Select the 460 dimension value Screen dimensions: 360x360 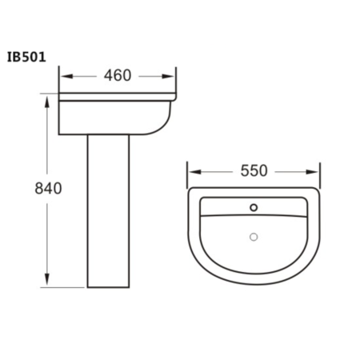pos(118,77)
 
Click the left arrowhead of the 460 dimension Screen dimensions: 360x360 pos(66,77)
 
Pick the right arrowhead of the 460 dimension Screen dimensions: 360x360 pos(171,77)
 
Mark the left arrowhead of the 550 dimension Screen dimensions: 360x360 pos(192,171)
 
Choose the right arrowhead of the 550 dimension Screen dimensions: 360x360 pos(315,171)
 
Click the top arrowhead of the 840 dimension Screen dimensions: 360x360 pos(49,102)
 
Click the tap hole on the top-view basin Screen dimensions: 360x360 pos(254,208)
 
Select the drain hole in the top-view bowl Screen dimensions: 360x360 pos(254,236)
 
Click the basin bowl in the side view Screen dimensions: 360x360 pos(120,116)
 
